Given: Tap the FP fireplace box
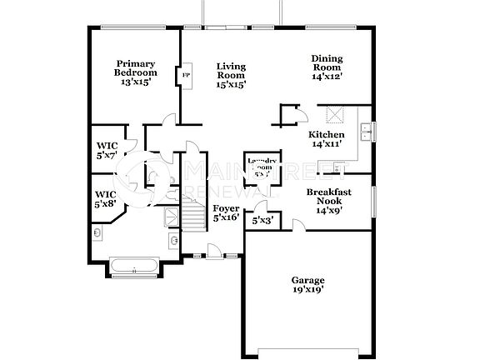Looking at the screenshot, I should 185,75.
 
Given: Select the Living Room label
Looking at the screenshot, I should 231,71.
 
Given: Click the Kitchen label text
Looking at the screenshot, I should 326,134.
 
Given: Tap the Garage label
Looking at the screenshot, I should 307,280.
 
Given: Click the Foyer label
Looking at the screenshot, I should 226,207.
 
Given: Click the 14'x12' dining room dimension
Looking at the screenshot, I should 327,76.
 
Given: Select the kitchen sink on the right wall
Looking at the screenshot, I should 365,131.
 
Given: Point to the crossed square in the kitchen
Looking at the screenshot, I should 337,116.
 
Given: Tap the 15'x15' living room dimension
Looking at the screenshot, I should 231,85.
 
